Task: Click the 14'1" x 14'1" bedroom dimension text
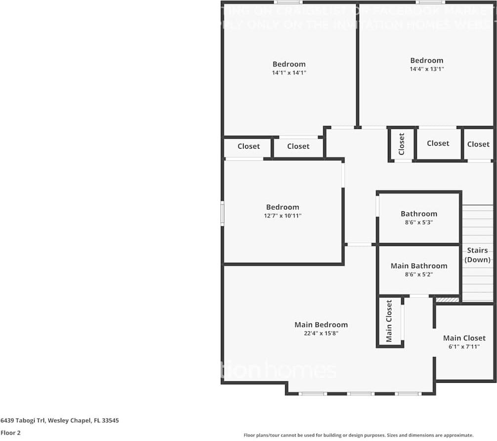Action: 289,73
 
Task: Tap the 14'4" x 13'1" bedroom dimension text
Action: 423,69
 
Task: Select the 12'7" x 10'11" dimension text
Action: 283,216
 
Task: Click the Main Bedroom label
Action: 321,324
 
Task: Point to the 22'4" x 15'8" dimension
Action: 321,333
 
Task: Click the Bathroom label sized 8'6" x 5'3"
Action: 418,214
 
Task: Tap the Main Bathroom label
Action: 418,266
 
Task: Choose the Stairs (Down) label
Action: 478,255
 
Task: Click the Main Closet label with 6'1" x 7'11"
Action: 464,338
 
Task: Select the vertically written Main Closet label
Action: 389,321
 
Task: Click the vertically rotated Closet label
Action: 401,144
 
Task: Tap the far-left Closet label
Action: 248,146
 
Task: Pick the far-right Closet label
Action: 478,144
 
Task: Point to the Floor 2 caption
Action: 10,433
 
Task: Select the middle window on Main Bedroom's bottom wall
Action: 361,394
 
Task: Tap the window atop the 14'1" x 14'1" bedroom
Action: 289,2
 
